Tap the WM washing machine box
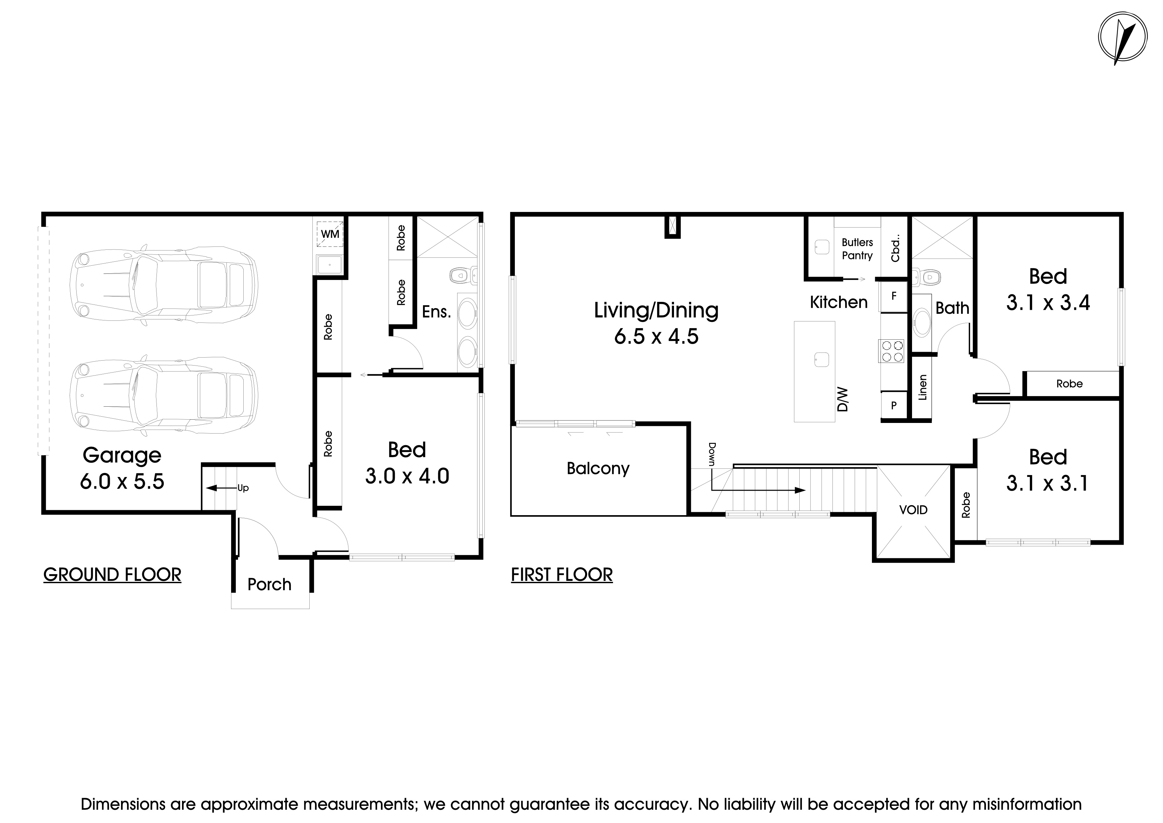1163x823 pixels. (330, 234)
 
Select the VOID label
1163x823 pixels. (913, 510)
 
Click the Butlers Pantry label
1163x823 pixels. (857, 249)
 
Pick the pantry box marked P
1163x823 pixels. (893, 405)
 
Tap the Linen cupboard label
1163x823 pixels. (922, 388)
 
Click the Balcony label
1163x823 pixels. (598, 468)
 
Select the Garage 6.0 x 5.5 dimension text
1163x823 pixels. (122, 481)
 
